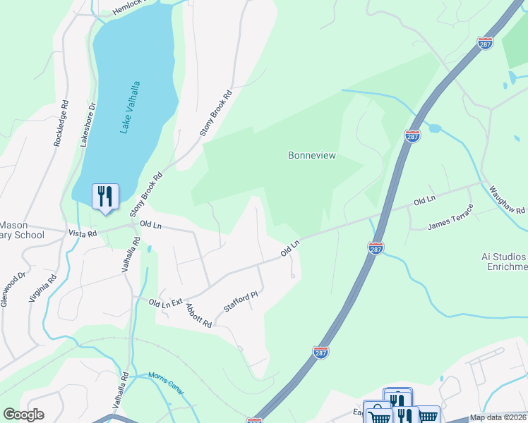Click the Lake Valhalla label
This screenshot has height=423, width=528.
pyautogui.click(x=131, y=107)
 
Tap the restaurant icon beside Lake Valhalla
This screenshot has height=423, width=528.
pyautogui.click(x=105, y=196)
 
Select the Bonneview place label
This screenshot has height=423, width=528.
pyautogui.click(x=311, y=155)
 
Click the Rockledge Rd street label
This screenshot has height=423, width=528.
pyautogui.click(x=61, y=123)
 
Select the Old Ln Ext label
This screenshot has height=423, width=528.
pyautogui.click(x=166, y=302)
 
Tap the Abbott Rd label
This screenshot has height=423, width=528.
pyautogui.click(x=198, y=314)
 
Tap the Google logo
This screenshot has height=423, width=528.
pyautogui.click(x=23, y=415)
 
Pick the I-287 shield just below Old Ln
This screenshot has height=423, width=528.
pyautogui.click(x=376, y=248)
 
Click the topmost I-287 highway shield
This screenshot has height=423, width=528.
pyautogui.click(x=485, y=44)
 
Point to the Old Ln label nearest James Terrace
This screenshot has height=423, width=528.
pyautogui.click(x=424, y=201)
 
